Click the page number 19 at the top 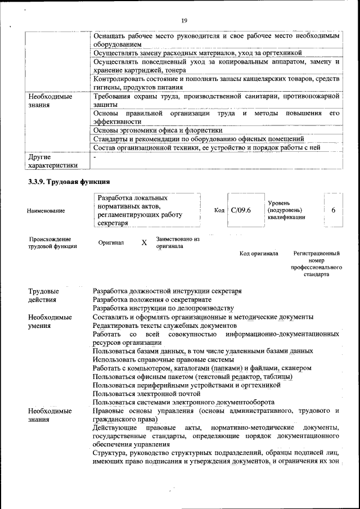click(184, 21)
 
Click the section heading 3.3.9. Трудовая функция click(69, 182)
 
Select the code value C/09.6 click(241, 210)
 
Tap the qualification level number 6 click(333, 210)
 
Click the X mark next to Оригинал click(144, 242)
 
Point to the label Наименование click(46, 210)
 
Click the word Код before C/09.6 click(219, 210)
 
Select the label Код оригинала click(259, 254)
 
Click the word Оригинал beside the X click(119, 242)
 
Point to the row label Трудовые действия click(44, 296)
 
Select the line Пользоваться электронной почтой click(147, 394)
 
